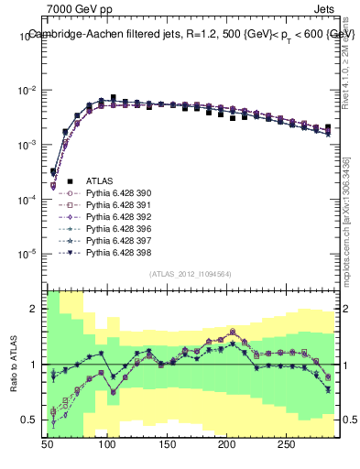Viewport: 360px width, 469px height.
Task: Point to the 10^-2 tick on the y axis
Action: click(x=30, y=91)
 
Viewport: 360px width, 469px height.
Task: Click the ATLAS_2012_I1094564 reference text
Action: click(x=190, y=274)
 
